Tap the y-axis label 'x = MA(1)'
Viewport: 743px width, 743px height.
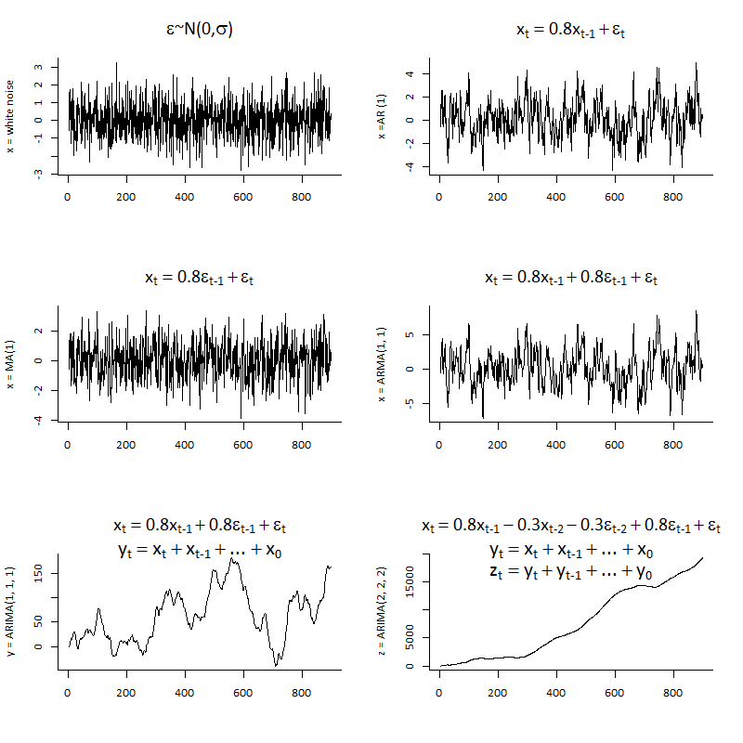pos(12,365)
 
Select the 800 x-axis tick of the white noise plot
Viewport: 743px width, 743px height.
pos(301,197)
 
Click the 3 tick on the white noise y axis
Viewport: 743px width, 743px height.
pos(39,68)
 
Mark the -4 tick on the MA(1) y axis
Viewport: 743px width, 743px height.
pos(39,419)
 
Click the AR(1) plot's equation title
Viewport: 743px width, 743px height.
pos(570,30)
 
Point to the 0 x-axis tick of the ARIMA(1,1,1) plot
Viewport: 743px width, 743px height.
pos(68,691)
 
